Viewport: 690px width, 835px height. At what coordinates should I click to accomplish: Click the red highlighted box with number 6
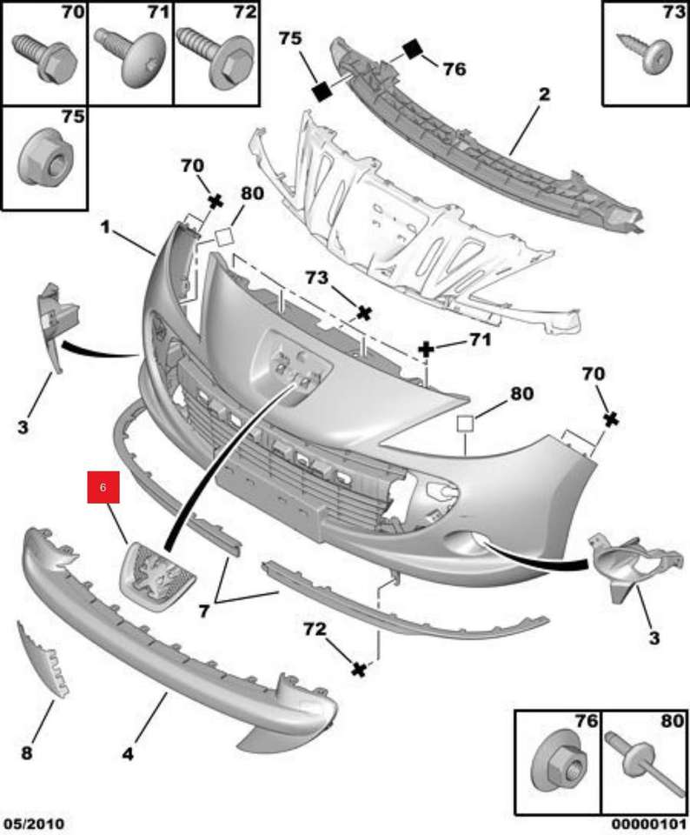(103, 489)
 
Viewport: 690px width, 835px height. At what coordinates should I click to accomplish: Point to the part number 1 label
(105, 228)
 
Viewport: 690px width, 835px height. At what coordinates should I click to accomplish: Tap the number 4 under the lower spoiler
(128, 754)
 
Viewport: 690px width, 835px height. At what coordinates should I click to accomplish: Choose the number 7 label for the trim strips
(204, 611)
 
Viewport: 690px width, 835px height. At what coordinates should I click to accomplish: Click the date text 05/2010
(34, 823)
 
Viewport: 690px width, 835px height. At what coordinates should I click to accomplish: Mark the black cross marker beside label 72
(357, 669)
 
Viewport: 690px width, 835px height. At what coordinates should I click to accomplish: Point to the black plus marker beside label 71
(427, 350)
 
